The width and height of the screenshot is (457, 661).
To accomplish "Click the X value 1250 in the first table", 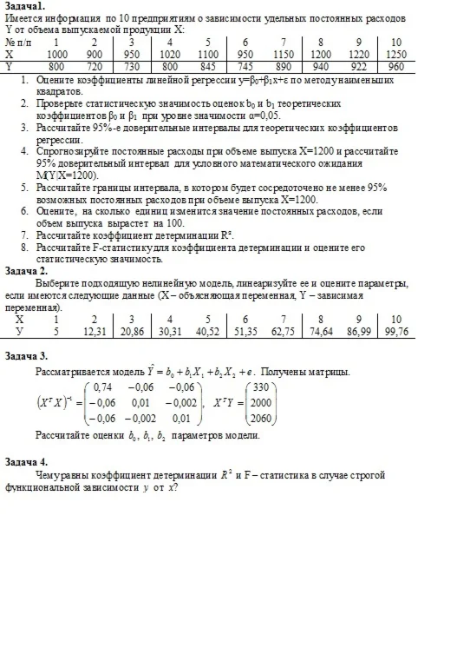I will pos(395,53).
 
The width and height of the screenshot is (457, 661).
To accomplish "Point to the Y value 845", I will pos(207,65).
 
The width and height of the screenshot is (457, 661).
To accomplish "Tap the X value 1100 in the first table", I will pos(207,53).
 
